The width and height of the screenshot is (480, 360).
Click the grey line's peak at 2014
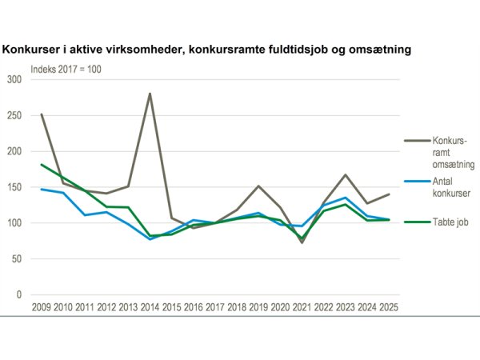150,94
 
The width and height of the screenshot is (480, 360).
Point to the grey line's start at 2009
41,114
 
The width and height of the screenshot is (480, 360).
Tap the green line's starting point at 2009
41,165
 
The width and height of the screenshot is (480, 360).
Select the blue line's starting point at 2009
41,189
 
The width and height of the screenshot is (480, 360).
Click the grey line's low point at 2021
302,242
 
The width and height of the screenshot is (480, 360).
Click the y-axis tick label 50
17,259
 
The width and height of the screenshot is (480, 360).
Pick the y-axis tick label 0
19,295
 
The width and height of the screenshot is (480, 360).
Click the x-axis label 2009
41,307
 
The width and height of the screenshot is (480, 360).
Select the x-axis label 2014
150,307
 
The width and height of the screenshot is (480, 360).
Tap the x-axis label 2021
302,307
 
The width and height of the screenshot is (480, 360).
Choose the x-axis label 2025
389,307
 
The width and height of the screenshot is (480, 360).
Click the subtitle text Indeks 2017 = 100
66,68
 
